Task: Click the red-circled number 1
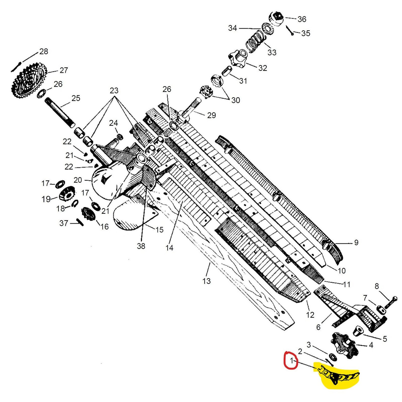click(291, 361)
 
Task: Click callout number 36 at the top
click(302, 19)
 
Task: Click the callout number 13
click(207, 281)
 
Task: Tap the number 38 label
click(141, 246)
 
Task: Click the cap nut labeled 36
click(276, 18)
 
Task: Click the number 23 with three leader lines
click(114, 90)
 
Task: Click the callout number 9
click(356, 242)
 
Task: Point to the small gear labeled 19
click(67, 193)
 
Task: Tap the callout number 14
click(169, 248)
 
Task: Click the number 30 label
click(235, 100)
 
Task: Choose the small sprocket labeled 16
click(88, 214)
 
